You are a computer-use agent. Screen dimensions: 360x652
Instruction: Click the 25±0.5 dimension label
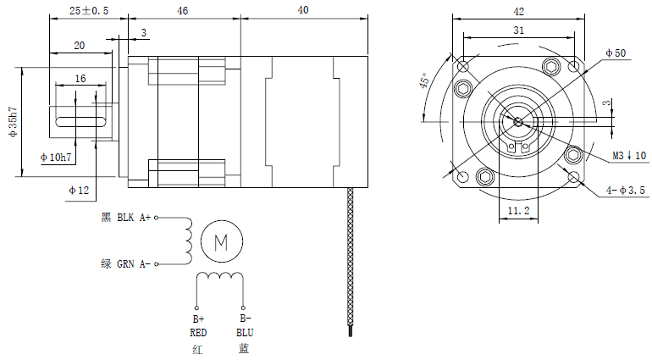pyautogui.click(x=87, y=11)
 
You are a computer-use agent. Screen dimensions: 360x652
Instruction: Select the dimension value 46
pyautogui.click(x=183, y=11)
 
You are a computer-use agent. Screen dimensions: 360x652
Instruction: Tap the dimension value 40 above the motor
pyautogui.click(x=304, y=11)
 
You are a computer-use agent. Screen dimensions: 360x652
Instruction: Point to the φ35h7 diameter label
pyautogui.click(x=13, y=123)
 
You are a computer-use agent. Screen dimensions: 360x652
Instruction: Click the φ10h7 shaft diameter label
pyautogui.click(x=56, y=158)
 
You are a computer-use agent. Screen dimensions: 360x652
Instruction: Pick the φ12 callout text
pyautogui.click(x=79, y=190)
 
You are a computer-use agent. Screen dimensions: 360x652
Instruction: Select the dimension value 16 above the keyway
pyautogui.click(x=80, y=78)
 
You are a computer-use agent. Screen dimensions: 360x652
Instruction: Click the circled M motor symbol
pyautogui.click(x=222, y=242)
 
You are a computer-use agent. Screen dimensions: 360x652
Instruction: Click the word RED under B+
pyautogui.click(x=198, y=333)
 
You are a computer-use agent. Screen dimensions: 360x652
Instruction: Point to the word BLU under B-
pyautogui.click(x=244, y=333)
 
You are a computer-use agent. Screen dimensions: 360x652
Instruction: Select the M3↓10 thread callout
pyautogui.click(x=629, y=156)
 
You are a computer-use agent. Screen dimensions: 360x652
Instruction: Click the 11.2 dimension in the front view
pyautogui.click(x=518, y=209)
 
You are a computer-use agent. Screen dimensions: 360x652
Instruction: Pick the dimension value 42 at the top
pyautogui.click(x=519, y=12)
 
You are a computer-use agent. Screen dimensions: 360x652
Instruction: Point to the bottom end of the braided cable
pyautogui.click(x=350, y=332)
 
